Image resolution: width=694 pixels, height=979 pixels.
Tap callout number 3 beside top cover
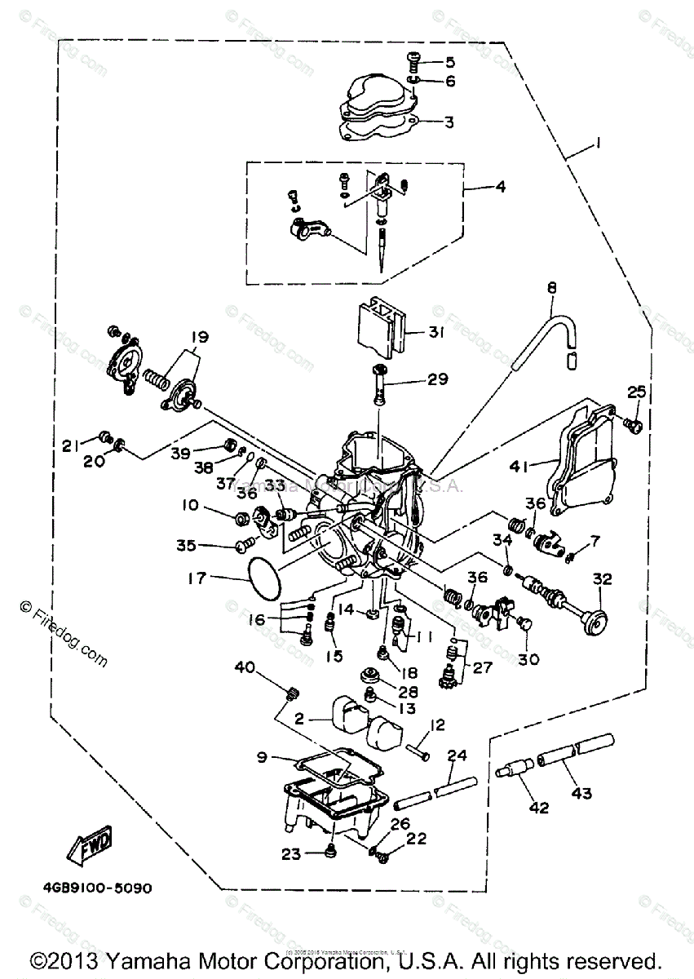[448, 122]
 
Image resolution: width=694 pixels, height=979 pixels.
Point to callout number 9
[263, 757]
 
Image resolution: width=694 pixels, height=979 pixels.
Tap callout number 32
[602, 579]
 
